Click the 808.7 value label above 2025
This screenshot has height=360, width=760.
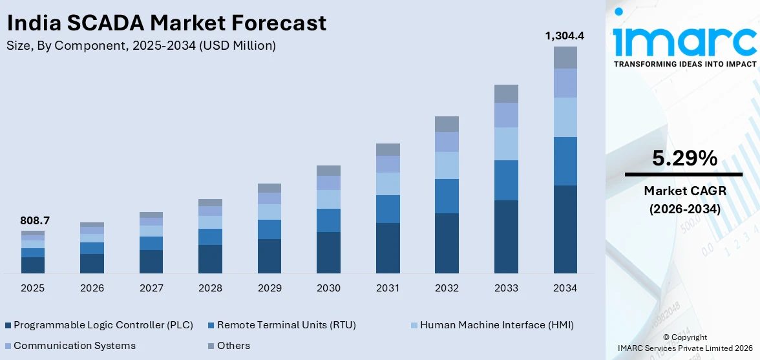tap(35, 221)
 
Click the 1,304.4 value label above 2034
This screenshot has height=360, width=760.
tap(565, 36)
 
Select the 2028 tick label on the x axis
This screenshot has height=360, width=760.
tap(211, 288)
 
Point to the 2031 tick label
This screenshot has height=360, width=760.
tap(388, 288)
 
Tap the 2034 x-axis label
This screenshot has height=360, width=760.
tap(565, 288)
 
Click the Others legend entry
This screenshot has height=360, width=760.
tap(233, 345)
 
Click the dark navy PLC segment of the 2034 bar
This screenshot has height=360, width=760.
tap(565, 229)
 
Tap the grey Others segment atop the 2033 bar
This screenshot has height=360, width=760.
tap(507, 94)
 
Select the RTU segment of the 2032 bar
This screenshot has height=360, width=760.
tap(447, 196)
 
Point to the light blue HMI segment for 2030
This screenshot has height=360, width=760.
tap(329, 199)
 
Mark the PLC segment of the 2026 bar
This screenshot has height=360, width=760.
tap(92, 264)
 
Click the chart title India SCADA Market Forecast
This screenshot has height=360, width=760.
tap(167, 23)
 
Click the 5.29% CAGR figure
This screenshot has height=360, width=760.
tap(684, 158)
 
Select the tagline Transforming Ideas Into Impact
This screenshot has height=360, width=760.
tap(684, 64)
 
